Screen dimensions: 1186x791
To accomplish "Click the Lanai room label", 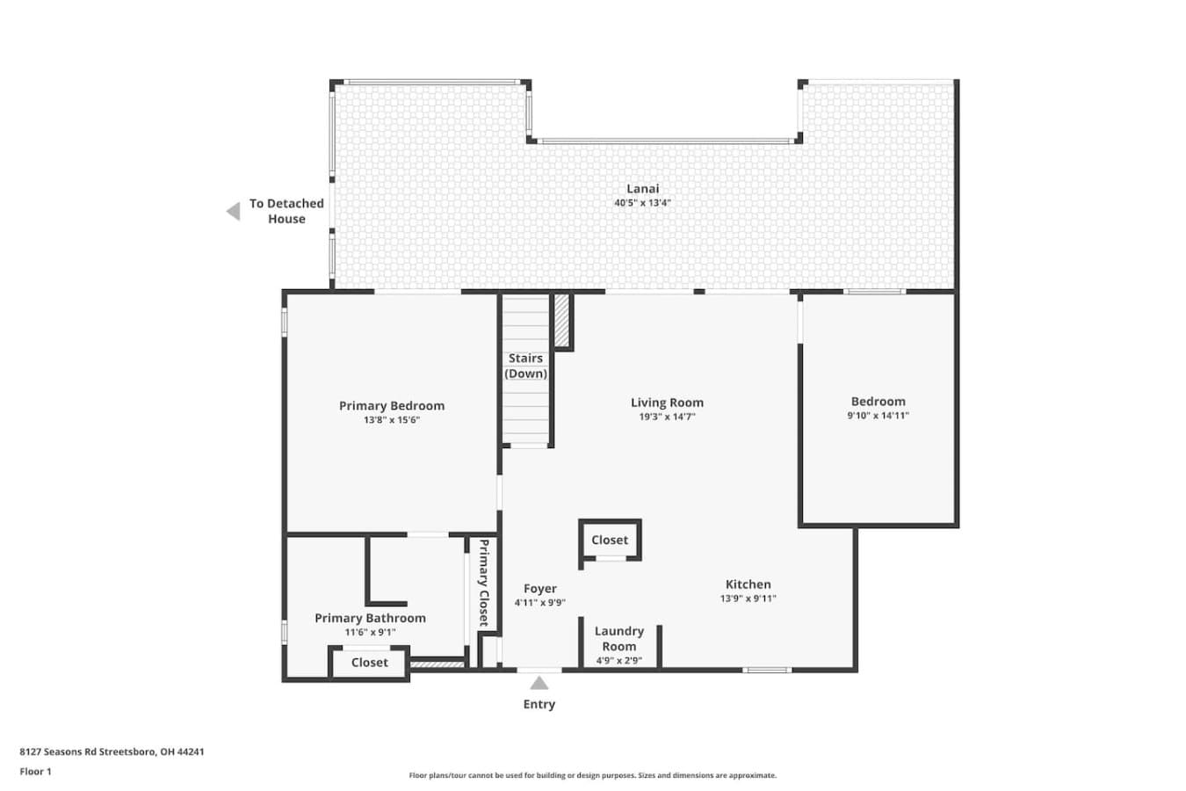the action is pos(643,189).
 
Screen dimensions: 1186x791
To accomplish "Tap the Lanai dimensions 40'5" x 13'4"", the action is pos(643,203).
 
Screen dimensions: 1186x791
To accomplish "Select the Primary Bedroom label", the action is pos(392,406).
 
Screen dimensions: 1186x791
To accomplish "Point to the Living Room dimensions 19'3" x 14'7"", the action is pos(667,417).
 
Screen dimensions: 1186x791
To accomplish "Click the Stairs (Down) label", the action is pos(525,366).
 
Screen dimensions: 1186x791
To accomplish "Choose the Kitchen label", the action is pos(748,584).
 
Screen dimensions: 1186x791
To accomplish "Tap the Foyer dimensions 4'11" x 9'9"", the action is pos(540,602).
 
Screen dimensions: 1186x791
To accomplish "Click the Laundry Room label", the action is pos(619,639).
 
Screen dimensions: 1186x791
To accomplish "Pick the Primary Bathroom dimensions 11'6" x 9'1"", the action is pos(370,632).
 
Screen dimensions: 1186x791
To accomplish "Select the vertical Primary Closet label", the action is pos(483,583).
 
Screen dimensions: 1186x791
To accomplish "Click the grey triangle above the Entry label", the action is pos(539,683).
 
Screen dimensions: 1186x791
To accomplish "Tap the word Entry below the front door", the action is pos(539,704).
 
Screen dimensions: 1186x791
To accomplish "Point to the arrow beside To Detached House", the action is pos(233,212).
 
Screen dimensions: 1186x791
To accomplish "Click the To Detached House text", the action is pos(286,212).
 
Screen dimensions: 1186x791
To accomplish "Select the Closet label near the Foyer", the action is pos(610,540).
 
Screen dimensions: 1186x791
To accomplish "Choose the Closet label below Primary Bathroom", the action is pos(370,663).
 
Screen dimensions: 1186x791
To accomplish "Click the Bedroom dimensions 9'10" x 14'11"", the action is pos(879,416).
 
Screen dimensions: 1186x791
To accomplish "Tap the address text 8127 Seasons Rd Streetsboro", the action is pos(88,751).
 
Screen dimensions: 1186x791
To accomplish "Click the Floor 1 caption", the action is pos(35,772).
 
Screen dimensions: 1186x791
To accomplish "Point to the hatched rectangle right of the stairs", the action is pos(561,321).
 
